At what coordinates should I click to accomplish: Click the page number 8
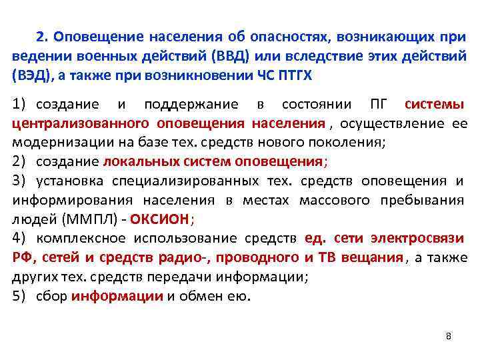[x=449, y=335]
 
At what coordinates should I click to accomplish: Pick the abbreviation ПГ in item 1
[x=377, y=105]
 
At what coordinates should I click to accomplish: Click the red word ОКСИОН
[x=160, y=219]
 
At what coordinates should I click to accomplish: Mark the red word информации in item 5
[x=117, y=297]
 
